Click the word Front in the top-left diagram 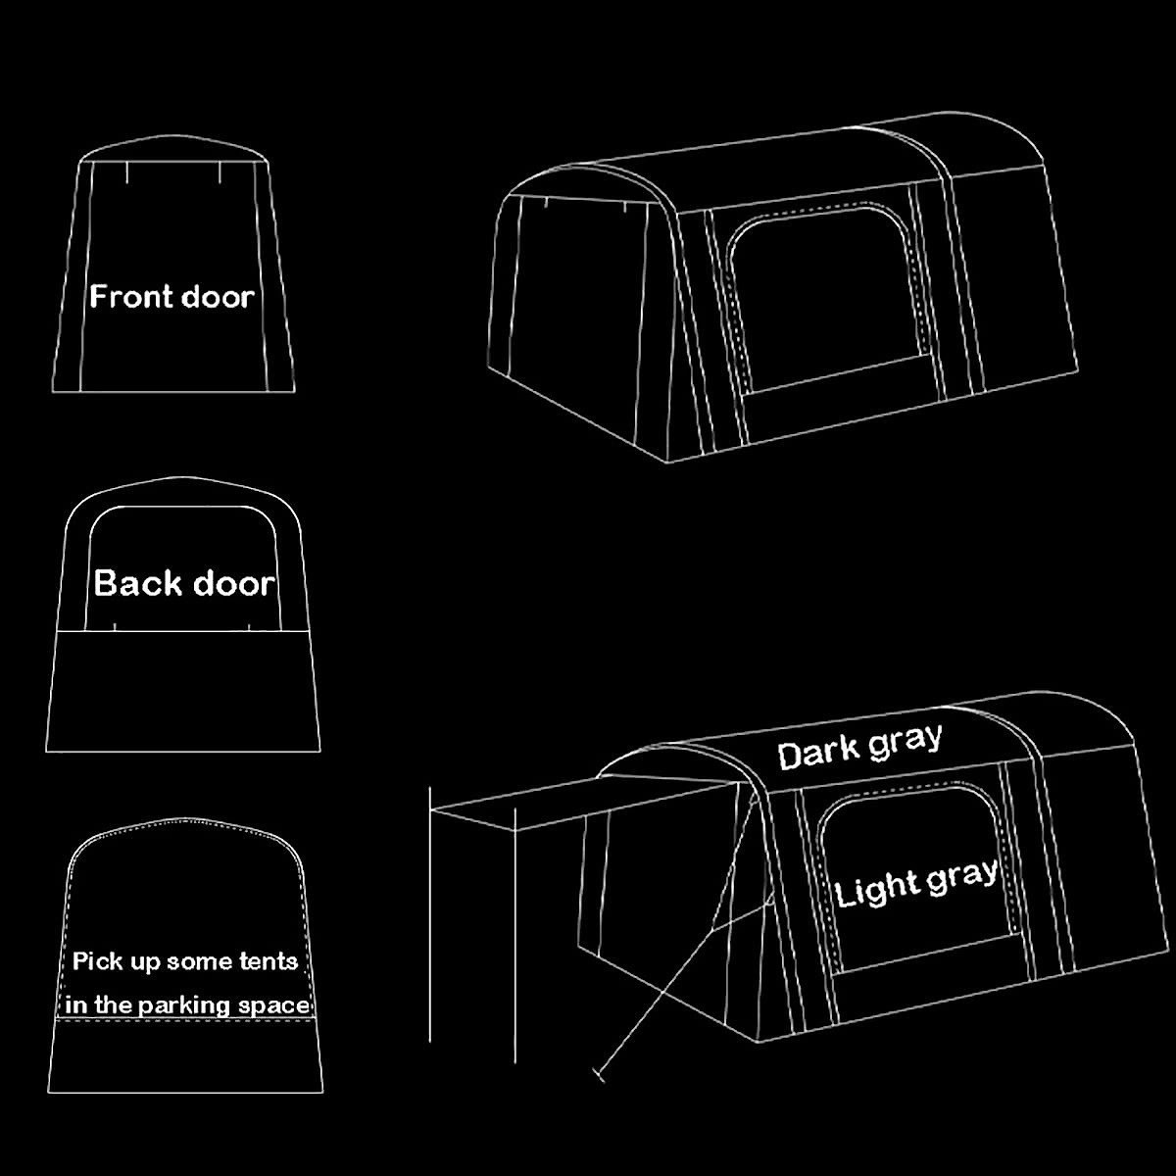[129, 297]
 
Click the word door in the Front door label [217, 297]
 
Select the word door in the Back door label [233, 584]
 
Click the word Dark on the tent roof [817, 754]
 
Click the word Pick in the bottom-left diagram [97, 961]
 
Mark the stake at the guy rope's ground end [598, 1077]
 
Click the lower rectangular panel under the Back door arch [184, 691]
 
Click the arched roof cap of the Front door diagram [174, 149]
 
